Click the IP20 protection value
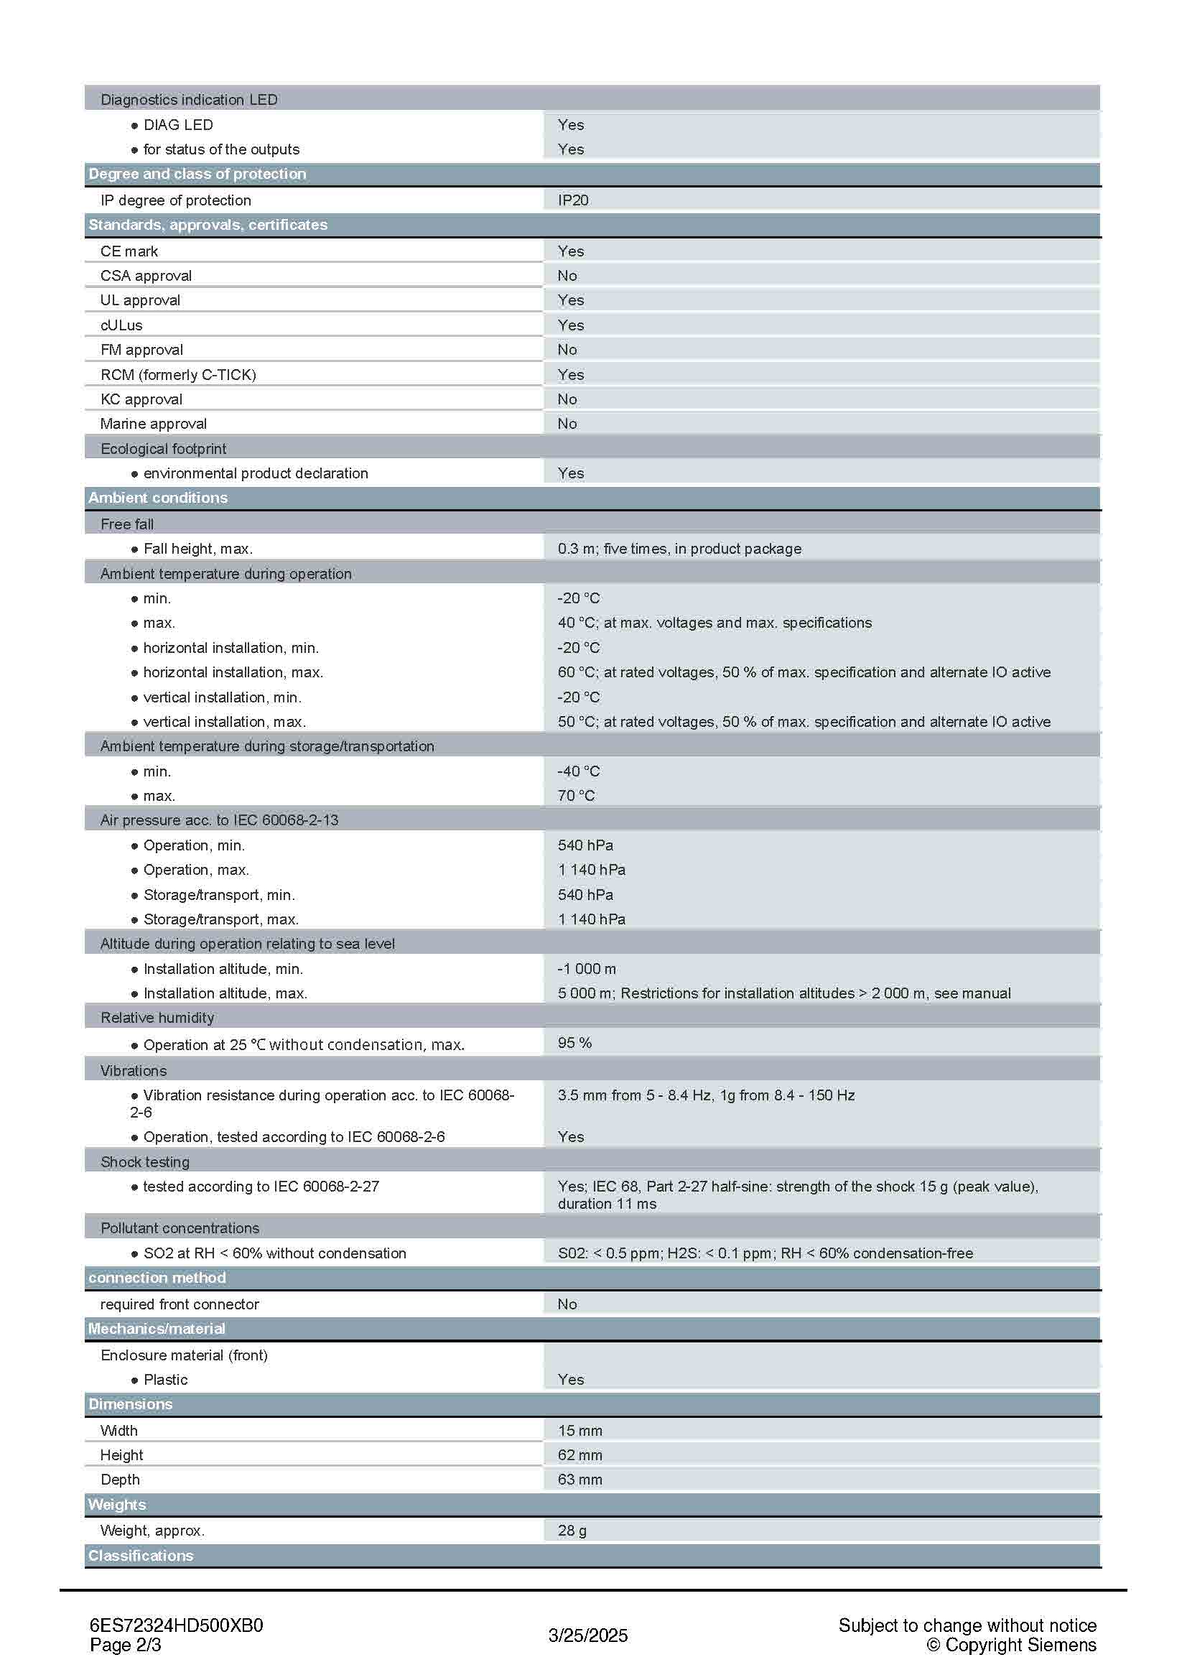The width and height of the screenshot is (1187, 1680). (x=572, y=200)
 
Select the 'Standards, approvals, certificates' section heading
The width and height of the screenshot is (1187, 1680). (x=208, y=225)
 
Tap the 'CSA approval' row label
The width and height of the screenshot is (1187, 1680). (x=146, y=276)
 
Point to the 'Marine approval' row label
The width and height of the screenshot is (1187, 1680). (x=153, y=424)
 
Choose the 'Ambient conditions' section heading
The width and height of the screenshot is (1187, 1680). (x=158, y=498)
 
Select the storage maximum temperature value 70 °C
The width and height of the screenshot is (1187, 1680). (x=576, y=795)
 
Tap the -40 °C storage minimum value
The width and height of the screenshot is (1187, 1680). (x=578, y=771)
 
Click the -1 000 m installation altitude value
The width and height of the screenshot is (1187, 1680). (x=587, y=969)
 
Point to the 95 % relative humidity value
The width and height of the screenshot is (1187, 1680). (x=574, y=1043)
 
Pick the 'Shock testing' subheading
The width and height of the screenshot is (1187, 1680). (x=145, y=1162)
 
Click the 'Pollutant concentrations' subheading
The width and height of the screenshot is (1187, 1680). (x=180, y=1227)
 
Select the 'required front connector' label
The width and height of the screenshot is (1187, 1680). (x=180, y=1304)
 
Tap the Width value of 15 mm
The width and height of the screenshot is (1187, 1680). (x=579, y=1431)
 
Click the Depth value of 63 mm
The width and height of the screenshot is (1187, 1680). (x=579, y=1480)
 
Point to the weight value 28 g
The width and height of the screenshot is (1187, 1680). (x=571, y=1531)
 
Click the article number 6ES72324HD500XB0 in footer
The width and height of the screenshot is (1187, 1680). (x=176, y=1625)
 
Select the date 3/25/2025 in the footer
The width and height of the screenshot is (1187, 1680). (x=588, y=1635)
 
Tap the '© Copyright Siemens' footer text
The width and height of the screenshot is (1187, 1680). (x=1011, y=1645)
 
